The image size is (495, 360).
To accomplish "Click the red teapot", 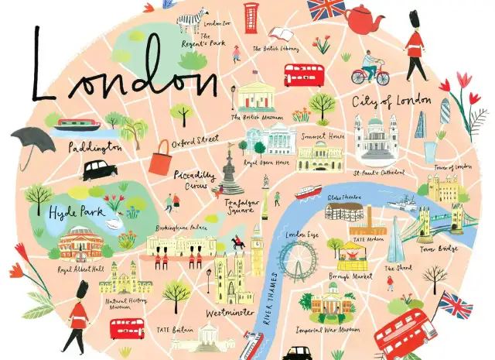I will pos(364,19).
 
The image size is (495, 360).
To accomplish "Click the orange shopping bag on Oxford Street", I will pos(161,163).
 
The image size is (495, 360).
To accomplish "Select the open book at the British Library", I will pos(280,34).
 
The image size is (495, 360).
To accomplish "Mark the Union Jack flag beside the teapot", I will pos(326,10).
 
